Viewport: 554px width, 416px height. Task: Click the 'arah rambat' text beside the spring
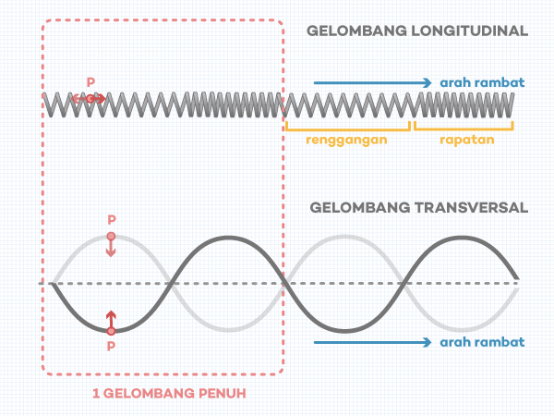point(483,82)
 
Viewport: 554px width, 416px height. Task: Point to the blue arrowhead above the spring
point(428,82)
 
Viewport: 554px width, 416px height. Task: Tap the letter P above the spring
point(90,82)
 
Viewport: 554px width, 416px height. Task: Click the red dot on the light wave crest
point(111,237)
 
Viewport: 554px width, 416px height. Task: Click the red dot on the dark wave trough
point(111,330)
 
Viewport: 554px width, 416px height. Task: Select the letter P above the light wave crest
point(111,220)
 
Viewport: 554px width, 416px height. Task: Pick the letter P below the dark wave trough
point(111,347)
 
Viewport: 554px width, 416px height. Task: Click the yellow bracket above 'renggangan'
point(347,124)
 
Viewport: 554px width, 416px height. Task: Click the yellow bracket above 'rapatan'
point(463,124)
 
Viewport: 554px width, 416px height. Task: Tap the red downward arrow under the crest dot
point(111,250)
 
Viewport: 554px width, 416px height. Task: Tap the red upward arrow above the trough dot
point(111,318)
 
